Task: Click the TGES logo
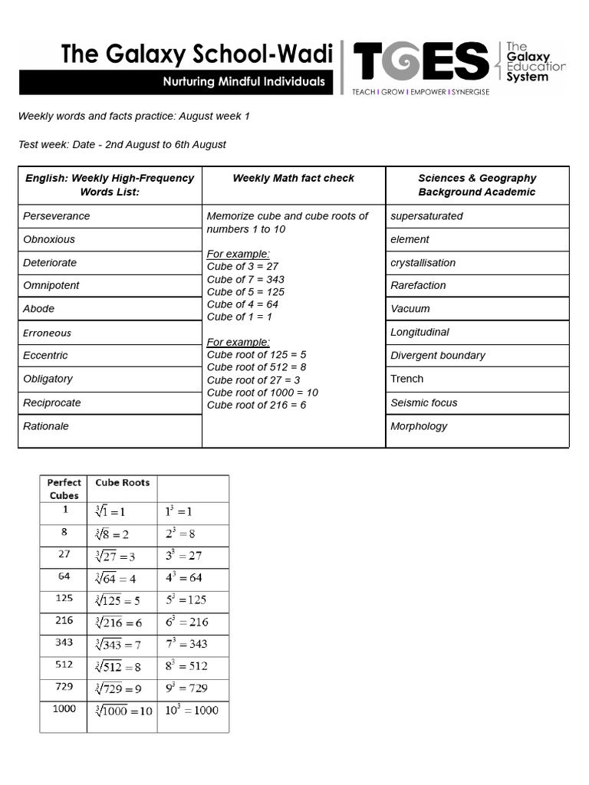pos(420,61)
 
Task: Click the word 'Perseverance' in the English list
pos(56,216)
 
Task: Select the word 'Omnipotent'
pos(51,285)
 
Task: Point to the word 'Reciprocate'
pos(51,402)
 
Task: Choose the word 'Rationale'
pos(46,426)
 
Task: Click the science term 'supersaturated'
pos(426,216)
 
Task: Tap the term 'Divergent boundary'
pos(437,356)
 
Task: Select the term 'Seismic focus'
pos(423,402)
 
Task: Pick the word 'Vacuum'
pos(410,309)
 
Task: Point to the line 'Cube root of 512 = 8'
pos(256,367)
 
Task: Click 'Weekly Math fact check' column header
pos(293,178)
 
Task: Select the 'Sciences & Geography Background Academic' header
pos(477,185)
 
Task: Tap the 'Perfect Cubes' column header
pos(64,488)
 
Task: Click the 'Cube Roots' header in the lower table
pos(122,482)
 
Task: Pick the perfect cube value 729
pos(64,687)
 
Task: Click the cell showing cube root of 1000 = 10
pos(123,711)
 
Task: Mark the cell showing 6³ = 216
pos(186,622)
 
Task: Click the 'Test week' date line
pos(122,144)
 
